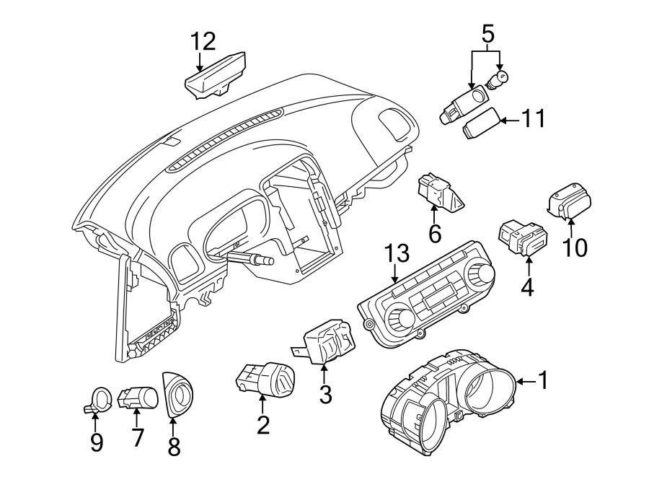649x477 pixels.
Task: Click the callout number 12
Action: (203, 42)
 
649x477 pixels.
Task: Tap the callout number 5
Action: (488, 33)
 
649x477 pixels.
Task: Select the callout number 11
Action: (535, 119)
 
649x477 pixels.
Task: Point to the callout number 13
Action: (397, 253)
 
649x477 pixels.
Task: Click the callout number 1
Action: (544, 380)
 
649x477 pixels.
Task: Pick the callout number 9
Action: (96, 442)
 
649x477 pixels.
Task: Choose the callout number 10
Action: (575, 248)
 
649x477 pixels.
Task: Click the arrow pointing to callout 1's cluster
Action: (525, 380)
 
